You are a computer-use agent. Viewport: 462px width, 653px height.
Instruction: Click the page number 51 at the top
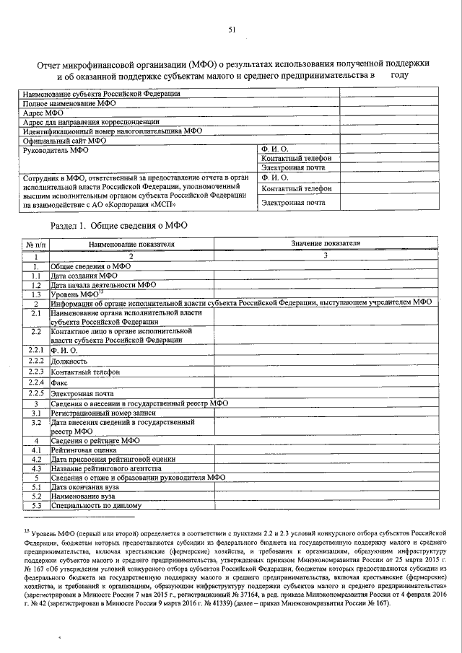(231, 30)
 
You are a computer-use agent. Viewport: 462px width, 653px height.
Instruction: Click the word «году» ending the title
(400, 74)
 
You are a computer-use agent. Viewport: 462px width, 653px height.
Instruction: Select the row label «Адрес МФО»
(43, 113)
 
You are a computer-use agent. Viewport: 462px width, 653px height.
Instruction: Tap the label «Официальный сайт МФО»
(64, 141)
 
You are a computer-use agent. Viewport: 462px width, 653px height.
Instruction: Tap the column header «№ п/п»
(35, 245)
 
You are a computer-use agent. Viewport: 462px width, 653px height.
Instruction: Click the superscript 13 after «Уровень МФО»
(102, 292)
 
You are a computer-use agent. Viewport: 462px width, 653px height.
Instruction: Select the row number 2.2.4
(36, 382)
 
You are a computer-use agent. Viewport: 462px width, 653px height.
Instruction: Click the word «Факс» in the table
(58, 382)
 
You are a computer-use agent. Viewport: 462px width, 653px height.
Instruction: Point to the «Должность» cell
(69, 361)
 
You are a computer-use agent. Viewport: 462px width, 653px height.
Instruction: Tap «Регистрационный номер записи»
(107, 413)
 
